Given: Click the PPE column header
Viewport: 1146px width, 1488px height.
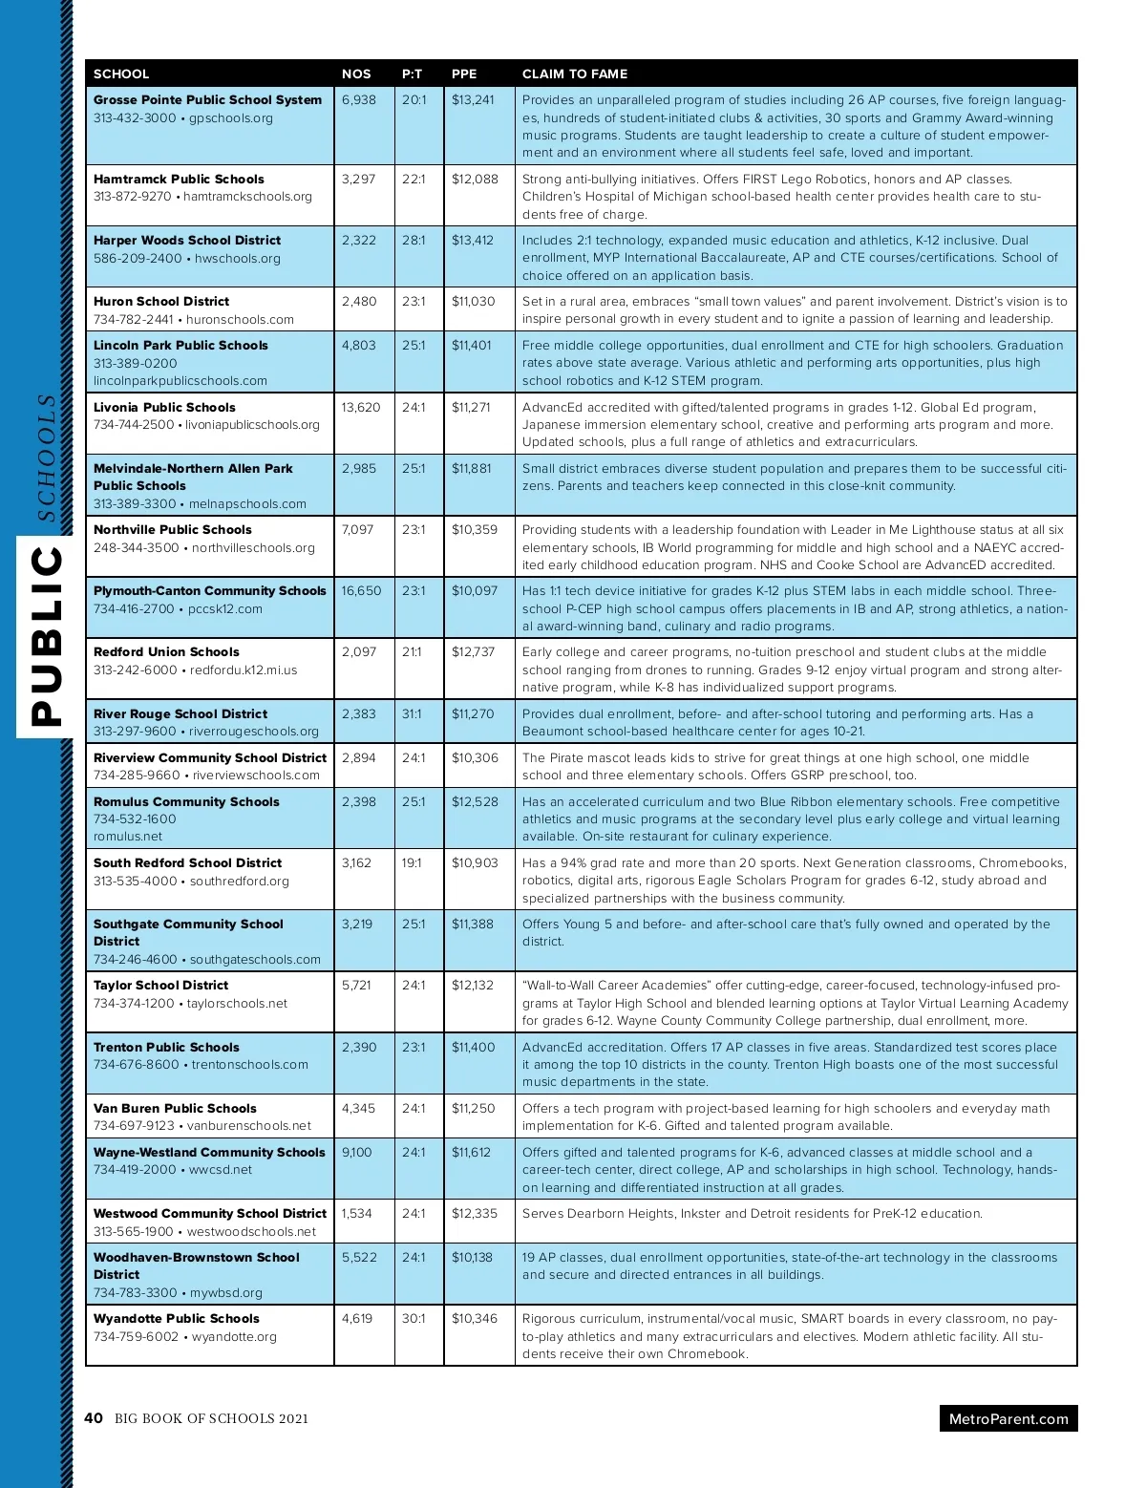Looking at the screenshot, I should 464,74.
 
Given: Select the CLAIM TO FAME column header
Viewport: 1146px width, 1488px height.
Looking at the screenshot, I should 575,74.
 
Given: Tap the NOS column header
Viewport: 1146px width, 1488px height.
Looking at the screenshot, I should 356,74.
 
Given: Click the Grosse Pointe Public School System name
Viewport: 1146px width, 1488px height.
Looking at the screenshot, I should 207,99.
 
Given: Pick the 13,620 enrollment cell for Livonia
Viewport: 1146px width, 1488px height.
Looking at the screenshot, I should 361,407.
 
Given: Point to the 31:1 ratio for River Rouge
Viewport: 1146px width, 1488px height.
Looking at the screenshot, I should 412,713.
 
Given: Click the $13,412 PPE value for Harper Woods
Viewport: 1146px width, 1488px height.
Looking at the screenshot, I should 473,240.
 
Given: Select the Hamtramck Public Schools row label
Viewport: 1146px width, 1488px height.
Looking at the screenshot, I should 179,179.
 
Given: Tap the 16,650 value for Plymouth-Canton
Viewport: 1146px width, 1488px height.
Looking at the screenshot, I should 361,590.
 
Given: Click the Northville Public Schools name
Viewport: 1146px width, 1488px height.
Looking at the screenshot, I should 173,529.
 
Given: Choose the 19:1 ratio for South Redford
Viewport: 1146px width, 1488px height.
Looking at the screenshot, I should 412,862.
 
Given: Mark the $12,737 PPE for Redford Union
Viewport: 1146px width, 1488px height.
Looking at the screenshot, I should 474,651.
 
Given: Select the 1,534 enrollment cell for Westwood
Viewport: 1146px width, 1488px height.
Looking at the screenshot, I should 357,1213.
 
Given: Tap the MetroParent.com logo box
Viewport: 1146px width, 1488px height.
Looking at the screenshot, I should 1008,1418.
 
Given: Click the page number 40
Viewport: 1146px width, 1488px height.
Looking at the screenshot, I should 94,1418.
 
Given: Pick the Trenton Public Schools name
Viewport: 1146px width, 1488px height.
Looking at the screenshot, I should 166,1047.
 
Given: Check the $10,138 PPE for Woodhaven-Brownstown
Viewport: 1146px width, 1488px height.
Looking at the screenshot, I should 472,1257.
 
